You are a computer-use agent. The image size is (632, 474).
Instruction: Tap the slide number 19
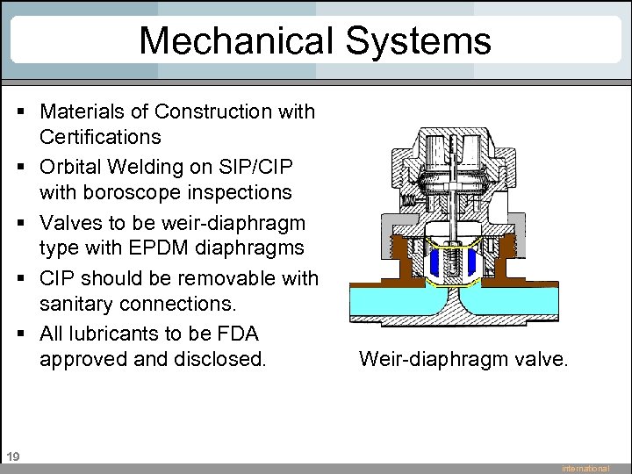pos(12,456)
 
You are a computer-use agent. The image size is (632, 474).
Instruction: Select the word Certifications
pos(100,137)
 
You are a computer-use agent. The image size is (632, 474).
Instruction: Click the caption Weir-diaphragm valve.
pos(463,358)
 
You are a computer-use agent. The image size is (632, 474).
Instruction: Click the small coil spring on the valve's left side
pos(407,200)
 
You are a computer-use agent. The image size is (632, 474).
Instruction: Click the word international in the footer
pos(585,469)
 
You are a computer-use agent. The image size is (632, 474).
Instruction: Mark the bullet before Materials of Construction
pos(18,112)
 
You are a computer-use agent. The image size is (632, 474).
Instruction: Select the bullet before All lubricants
pos(18,334)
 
